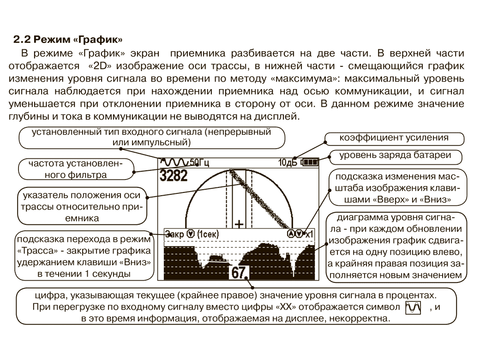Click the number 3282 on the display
(174, 175)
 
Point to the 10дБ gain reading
(288, 162)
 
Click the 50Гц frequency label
(199, 162)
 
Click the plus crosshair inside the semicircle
(239, 224)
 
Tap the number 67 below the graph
(239, 273)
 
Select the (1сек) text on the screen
(207, 234)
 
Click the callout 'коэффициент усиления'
(394, 138)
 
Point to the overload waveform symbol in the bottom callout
(410, 307)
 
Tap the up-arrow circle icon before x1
(291, 234)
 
